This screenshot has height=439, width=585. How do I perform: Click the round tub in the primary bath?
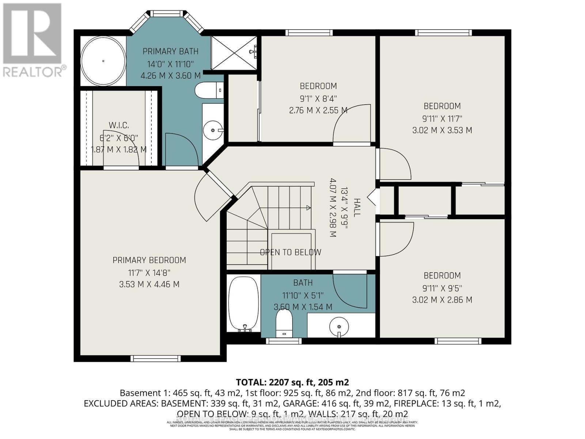[103, 61]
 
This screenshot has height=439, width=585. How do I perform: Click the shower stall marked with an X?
[234, 53]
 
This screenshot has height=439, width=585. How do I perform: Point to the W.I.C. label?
[118, 125]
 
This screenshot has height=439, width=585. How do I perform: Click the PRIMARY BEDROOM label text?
[149, 260]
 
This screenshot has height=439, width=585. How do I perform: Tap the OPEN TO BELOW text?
[290, 252]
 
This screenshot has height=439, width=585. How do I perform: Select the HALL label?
[356, 207]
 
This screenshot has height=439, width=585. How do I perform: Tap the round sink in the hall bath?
[339, 326]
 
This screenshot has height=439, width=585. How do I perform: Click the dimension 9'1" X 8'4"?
[318, 98]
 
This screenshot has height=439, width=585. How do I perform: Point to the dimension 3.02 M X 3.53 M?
[442, 130]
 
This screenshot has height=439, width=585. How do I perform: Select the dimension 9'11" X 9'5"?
[442, 288]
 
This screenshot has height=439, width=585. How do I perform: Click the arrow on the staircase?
[308, 208]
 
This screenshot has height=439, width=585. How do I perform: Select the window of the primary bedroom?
[155, 359]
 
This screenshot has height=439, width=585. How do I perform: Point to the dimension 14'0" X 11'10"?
[170, 64]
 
